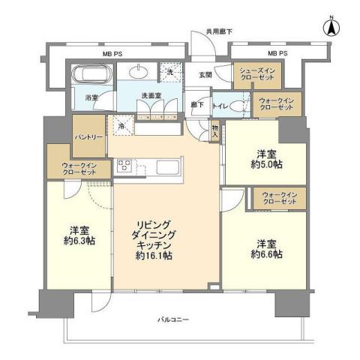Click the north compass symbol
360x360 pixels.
click(328, 28)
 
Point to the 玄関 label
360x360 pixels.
click(205, 75)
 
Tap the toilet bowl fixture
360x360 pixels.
click(240, 106)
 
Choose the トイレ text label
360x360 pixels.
click(221, 106)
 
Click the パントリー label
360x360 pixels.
click(88, 136)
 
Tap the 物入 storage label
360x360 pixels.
click(214, 136)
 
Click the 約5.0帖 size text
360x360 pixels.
click(268, 163)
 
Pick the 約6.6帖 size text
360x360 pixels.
click(268, 255)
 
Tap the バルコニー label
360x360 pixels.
click(174, 320)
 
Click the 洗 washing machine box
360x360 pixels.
click(171, 73)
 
